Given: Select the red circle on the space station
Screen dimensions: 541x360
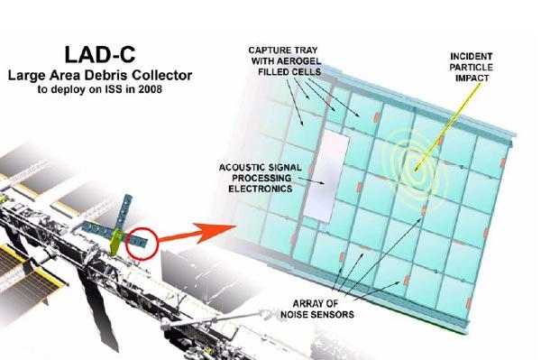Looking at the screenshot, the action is point(143,241).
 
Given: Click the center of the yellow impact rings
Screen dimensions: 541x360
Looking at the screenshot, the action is point(416,164).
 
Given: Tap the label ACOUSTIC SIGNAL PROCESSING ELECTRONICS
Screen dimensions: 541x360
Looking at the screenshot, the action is point(261,179).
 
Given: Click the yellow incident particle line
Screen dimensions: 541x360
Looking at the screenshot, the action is point(442,126).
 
